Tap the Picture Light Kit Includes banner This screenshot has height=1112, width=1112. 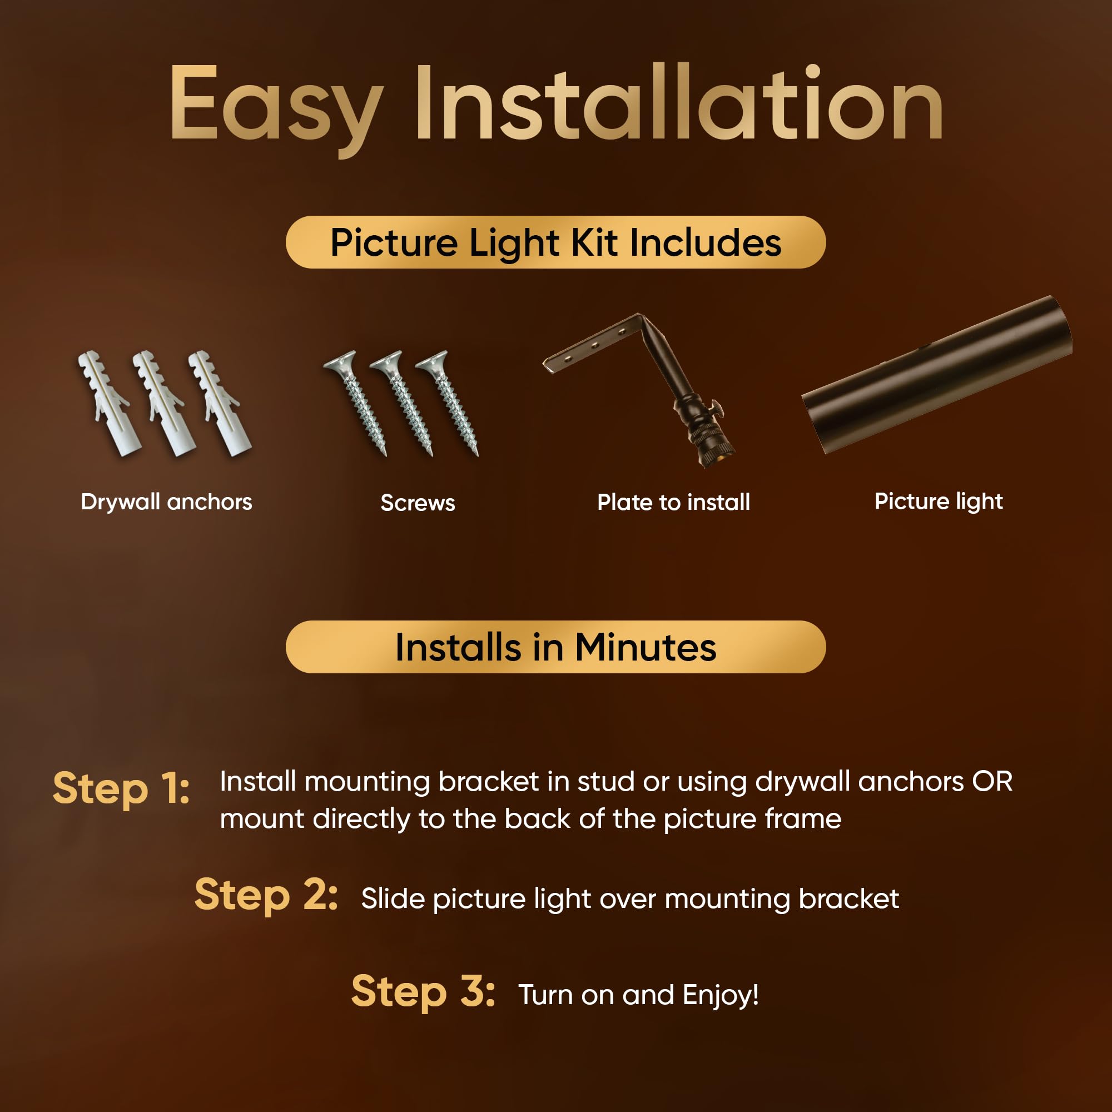555,242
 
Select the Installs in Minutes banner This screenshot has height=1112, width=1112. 555,647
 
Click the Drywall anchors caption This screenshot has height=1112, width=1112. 166,502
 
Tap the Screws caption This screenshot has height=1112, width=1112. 418,503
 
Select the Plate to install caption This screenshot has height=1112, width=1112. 673,503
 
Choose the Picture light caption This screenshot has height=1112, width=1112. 939,502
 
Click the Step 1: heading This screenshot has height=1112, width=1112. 121,788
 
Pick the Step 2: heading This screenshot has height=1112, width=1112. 266,895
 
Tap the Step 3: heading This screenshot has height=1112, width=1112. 423,991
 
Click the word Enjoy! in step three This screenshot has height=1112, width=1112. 721,996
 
